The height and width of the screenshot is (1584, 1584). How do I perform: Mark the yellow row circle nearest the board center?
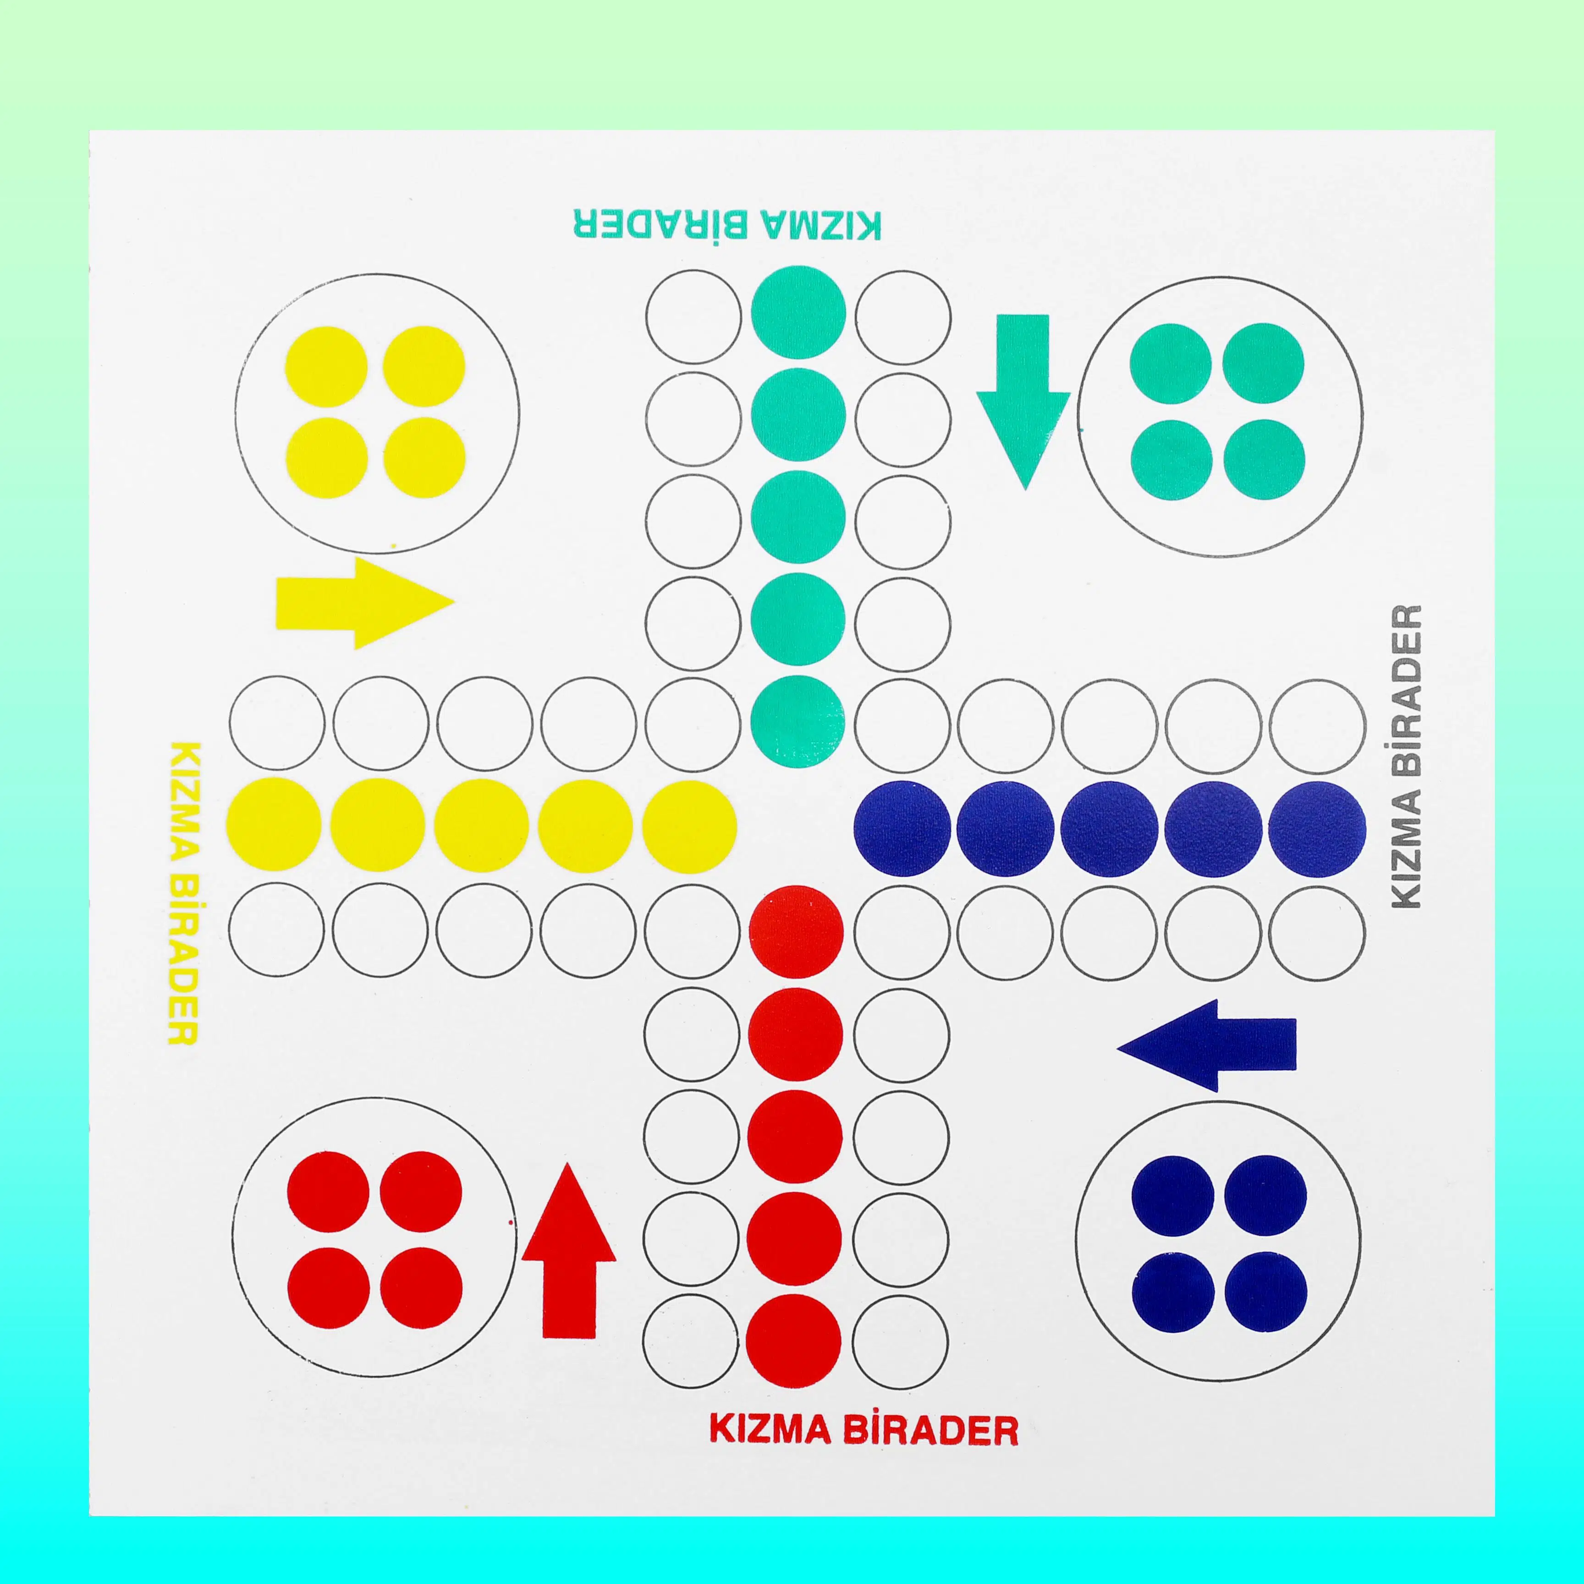tap(689, 825)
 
